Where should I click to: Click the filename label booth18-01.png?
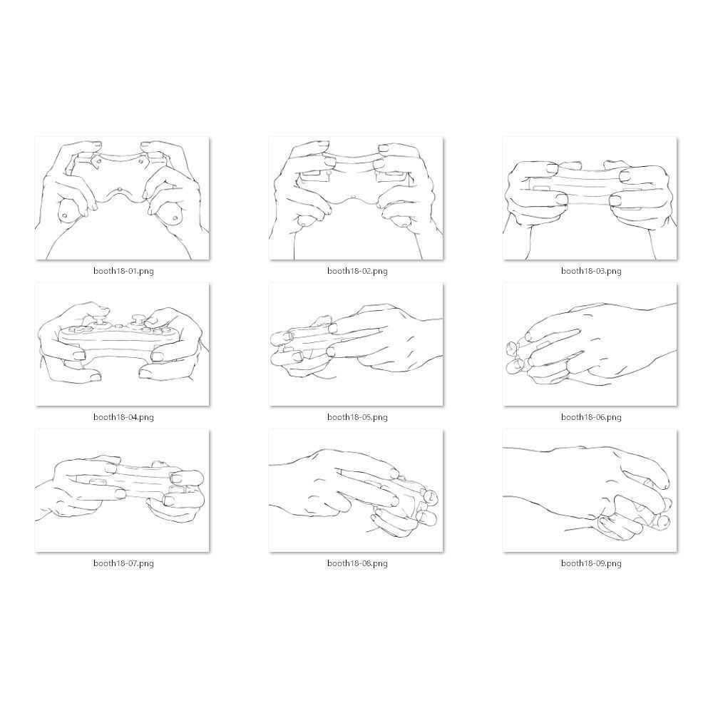123,271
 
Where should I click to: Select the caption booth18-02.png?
357,271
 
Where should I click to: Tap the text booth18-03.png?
591,271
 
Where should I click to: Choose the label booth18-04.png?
123,417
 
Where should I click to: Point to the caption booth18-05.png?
357,417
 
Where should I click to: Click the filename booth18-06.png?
591,417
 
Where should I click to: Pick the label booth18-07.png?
123,563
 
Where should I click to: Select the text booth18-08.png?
357,563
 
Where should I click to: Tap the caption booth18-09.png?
591,563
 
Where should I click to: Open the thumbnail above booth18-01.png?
123,198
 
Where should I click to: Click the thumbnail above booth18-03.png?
590,198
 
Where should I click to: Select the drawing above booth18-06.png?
590,344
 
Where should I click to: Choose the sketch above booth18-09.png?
590,491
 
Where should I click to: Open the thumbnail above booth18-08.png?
356,491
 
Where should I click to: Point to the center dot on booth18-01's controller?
119,190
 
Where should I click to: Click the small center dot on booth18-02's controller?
354,197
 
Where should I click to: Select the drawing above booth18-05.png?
356,344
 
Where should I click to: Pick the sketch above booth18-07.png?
123,491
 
